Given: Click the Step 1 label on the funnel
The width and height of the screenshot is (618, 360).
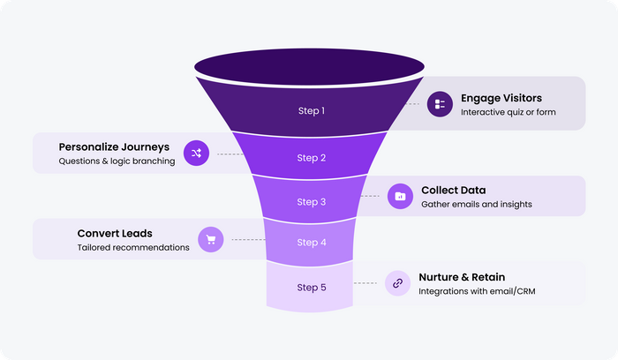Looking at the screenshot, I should coord(311,111).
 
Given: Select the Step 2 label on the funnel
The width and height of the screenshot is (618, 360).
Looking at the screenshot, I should coord(311,158).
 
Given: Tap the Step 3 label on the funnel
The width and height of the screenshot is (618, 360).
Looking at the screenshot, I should coord(311,201).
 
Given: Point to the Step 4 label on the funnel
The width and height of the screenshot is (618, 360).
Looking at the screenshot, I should coord(311,242).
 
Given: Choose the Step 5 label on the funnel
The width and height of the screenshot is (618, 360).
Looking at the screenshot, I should coord(311,287).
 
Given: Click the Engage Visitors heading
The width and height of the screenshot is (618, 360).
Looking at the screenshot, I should coord(501,97).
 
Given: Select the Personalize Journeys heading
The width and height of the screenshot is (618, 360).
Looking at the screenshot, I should coord(114,146).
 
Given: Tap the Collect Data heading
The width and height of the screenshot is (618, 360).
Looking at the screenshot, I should coord(453,190).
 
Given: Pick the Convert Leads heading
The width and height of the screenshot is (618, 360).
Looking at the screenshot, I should coord(115,233).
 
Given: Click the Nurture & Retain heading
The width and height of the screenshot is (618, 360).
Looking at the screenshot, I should coord(462,277).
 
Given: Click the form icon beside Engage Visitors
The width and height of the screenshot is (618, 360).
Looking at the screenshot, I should coord(440,105).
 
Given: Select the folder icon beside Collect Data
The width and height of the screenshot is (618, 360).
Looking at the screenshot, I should coord(400,196).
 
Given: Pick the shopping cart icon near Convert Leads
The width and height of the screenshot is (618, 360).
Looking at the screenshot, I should coord(210,239).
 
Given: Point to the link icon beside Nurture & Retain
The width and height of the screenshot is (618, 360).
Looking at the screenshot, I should coord(397,283).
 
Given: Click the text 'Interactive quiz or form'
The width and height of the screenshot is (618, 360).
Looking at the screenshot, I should coord(508,113).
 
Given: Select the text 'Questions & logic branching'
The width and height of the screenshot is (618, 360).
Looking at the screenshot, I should coord(117,161).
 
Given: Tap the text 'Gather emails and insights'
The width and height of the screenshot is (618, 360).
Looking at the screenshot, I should coord(477,205).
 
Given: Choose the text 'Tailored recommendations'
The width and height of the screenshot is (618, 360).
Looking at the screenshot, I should coord(133,248).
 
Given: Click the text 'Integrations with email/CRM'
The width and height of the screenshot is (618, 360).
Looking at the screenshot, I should coord(478,292).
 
